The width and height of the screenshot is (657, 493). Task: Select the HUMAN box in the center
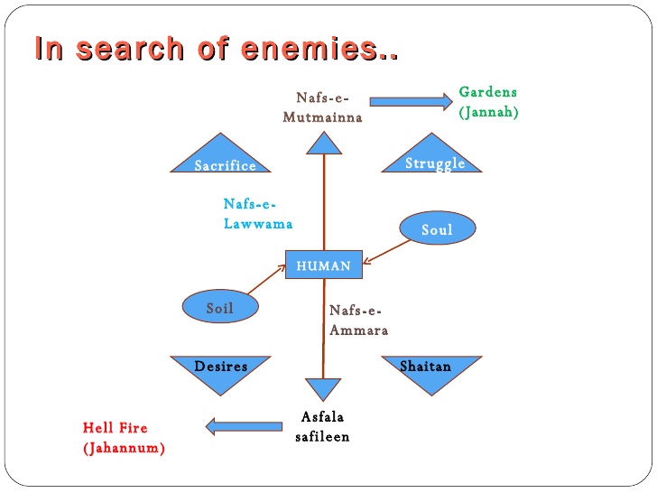[323, 265]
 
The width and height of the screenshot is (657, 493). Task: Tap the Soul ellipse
[437, 229]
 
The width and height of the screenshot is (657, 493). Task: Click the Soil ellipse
[220, 308]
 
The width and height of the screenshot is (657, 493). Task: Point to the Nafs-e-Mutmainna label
[322, 107]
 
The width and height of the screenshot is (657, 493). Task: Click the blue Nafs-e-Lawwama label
[257, 214]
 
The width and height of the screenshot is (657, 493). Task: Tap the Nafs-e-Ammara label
[358, 320]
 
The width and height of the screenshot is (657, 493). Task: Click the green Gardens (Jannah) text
[488, 102]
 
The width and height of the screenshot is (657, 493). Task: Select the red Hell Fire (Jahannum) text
[124, 437]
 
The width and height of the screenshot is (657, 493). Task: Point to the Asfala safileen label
[322, 426]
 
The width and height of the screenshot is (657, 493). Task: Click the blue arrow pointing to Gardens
[411, 102]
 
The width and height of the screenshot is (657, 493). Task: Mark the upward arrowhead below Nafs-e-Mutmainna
[323, 142]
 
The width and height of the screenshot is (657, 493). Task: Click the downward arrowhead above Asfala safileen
[323, 389]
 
